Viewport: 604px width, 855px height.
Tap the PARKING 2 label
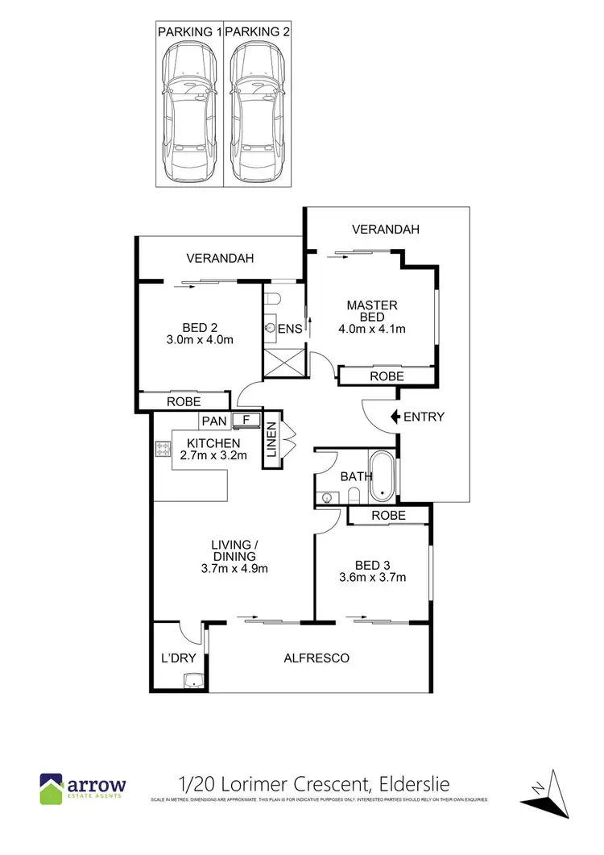pos(258,32)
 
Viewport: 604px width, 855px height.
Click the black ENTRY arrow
pos(395,417)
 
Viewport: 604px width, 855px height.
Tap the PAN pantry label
pos(214,421)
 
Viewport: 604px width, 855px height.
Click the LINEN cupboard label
pos(271,442)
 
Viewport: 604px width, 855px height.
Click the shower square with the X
pos(283,364)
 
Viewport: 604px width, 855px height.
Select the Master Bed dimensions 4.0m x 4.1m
pos(371,328)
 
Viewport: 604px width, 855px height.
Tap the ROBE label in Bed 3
pos(388,515)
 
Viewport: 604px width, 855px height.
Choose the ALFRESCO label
pos(316,658)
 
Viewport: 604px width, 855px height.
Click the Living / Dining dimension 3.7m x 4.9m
pos(234,568)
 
